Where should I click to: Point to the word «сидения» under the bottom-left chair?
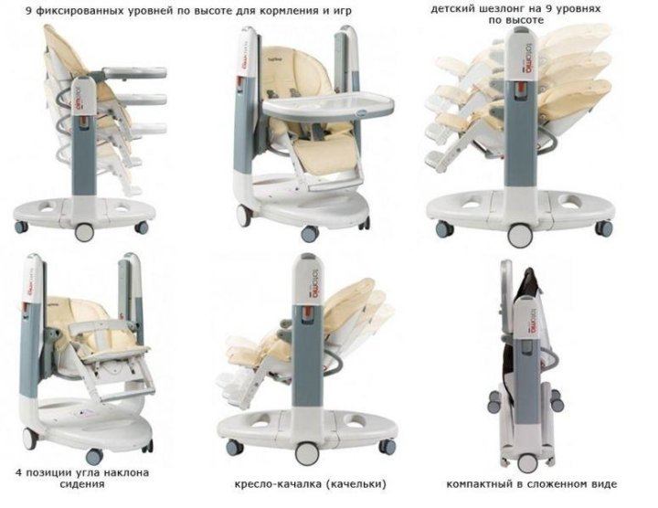(82, 484)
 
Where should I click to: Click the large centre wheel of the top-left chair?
(84, 232)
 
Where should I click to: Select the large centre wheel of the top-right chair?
(520, 236)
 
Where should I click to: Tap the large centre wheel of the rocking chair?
(307, 453)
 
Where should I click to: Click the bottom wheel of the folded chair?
(527, 463)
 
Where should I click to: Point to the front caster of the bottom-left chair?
(94, 456)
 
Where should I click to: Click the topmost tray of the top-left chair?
(133, 72)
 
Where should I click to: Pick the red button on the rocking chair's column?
(308, 312)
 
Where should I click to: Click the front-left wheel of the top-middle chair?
(244, 216)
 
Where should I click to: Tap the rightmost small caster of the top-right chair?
(604, 228)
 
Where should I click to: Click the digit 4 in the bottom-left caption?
(18, 472)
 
